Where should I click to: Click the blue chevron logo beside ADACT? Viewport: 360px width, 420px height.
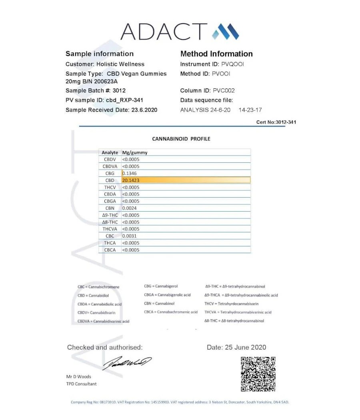pos(225,32)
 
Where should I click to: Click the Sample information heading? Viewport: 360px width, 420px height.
pos(99,54)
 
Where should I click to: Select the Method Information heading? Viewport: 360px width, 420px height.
pos(216,54)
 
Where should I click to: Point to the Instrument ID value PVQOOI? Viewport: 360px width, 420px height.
pos(232,64)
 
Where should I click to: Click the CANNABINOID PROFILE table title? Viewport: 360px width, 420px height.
pos(181,139)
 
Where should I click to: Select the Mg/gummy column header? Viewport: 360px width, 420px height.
pos(135,152)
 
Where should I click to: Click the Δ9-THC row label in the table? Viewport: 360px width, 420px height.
pos(110,215)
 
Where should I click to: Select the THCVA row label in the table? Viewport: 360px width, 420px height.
pos(109,229)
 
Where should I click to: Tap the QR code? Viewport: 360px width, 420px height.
pos(258,374)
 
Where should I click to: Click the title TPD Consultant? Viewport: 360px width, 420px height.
pos(81,384)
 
